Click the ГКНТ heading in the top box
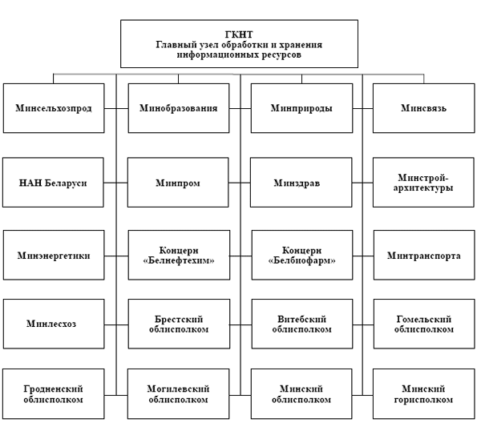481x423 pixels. [239, 34]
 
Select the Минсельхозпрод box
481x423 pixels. [54, 108]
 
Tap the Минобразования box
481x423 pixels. [179, 108]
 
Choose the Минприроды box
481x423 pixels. [301, 108]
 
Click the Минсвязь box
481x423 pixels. [423, 108]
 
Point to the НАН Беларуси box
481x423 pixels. [53, 183]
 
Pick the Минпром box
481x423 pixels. [178, 183]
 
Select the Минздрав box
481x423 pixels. [301, 183]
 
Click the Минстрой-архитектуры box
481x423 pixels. [423, 183]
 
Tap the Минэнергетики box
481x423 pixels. [54, 255]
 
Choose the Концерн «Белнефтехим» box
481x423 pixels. [179, 255]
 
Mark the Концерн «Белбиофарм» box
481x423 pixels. [302, 255]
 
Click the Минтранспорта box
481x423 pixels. [424, 255]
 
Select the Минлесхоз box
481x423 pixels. [54, 324]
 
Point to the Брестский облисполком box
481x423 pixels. [179, 324]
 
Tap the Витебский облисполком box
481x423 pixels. [302, 324]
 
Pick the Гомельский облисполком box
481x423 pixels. [424, 324]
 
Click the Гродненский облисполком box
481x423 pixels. [54, 394]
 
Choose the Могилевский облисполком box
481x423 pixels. [178, 394]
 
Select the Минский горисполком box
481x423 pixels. [423, 394]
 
